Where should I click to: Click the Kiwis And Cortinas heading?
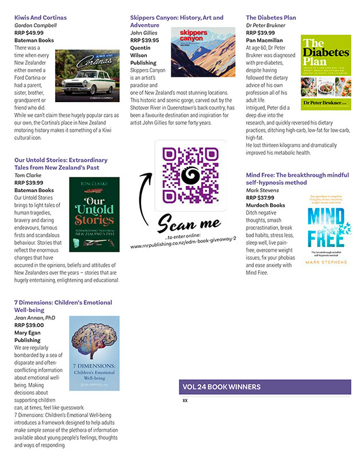(x=40, y=18)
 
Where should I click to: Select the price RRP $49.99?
(x=29, y=33)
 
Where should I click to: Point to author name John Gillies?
(x=144, y=33)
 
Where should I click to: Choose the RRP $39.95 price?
(x=144, y=40)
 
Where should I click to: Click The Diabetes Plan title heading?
(x=271, y=18)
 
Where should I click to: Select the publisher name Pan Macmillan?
(x=264, y=40)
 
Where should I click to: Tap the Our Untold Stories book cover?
(x=95, y=214)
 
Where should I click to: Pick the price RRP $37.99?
(x=260, y=197)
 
